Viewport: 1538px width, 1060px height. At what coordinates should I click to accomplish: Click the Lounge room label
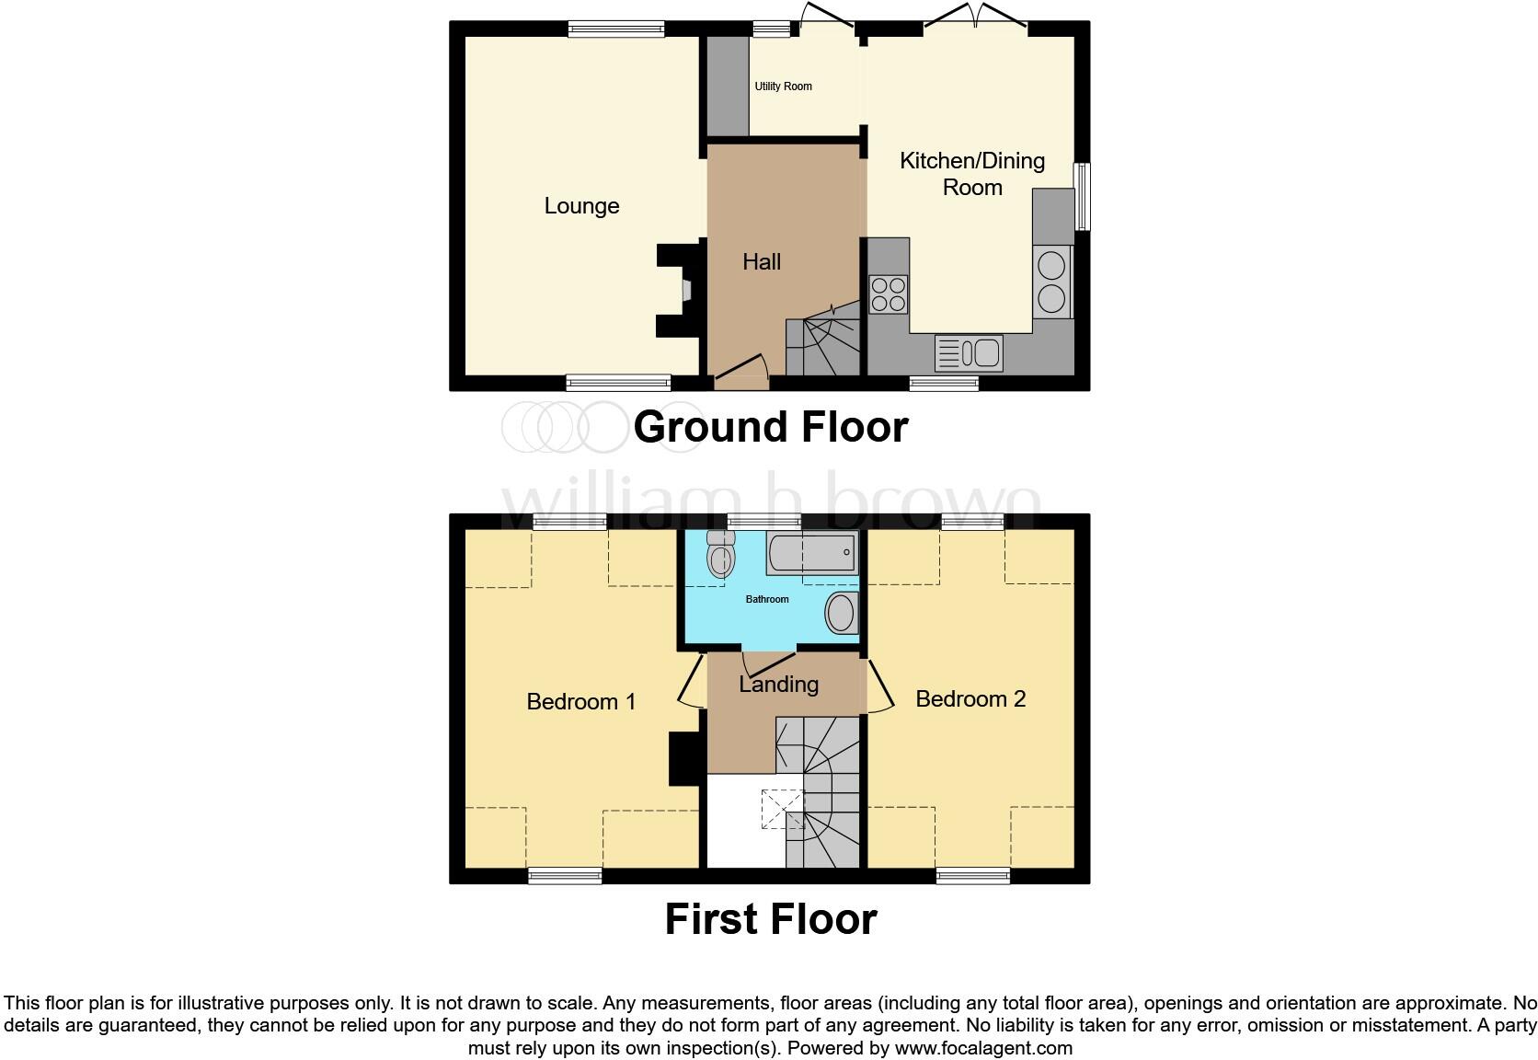point(581,206)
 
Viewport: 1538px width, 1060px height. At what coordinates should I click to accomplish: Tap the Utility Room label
point(783,86)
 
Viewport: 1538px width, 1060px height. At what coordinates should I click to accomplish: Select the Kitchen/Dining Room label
point(971,174)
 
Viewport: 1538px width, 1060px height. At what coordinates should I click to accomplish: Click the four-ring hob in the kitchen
point(889,294)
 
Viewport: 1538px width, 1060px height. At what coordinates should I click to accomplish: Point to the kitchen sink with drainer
point(968,352)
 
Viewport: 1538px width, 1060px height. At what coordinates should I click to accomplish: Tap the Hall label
point(761,262)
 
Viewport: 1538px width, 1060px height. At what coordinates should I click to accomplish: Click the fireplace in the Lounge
point(679,290)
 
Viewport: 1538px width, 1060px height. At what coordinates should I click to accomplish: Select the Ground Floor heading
point(770,427)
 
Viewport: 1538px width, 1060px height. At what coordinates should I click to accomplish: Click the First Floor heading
point(770,919)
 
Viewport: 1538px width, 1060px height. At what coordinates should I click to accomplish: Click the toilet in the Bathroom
point(720,555)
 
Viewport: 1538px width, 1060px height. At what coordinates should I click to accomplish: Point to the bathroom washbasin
point(841,613)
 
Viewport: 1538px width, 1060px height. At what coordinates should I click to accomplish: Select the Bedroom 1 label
point(580,702)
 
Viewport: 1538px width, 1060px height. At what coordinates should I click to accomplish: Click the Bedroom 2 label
point(970,699)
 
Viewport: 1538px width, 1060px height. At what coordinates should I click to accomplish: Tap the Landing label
point(778,685)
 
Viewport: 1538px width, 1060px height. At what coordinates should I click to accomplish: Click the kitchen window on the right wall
point(1083,197)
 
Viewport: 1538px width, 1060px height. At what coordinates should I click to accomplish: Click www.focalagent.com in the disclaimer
point(983,1048)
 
